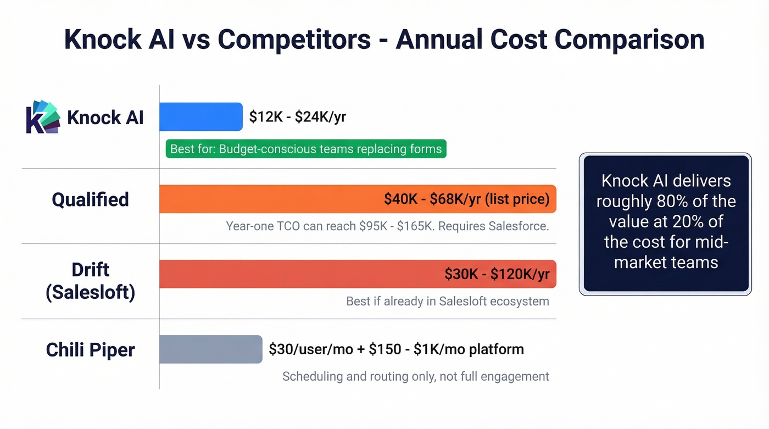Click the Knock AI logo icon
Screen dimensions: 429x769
click(x=43, y=117)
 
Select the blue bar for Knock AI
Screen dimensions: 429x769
click(x=200, y=117)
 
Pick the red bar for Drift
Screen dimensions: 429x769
click(x=297, y=274)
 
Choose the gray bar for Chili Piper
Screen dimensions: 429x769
click(x=210, y=349)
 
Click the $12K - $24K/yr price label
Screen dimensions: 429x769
click(x=297, y=117)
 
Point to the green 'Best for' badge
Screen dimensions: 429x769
click(x=306, y=149)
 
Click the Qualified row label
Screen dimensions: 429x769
click(x=90, y=199)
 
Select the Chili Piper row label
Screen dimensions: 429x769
click(x=90, y=349)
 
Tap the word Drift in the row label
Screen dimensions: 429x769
click(x=90, y=270)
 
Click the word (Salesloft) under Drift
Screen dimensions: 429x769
click(x=90, y=292)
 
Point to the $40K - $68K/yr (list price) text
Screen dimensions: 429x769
click(x=466, y=199)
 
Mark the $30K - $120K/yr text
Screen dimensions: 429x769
click(x=497, y=274)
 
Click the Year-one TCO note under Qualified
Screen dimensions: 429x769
click(x=387, y=226)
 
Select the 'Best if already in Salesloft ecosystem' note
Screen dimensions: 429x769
click(x=447, y=301)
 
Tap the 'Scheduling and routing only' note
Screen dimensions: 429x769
click(x=415, y=376)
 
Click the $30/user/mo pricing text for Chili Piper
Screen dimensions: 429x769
click(x=395, y=349)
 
